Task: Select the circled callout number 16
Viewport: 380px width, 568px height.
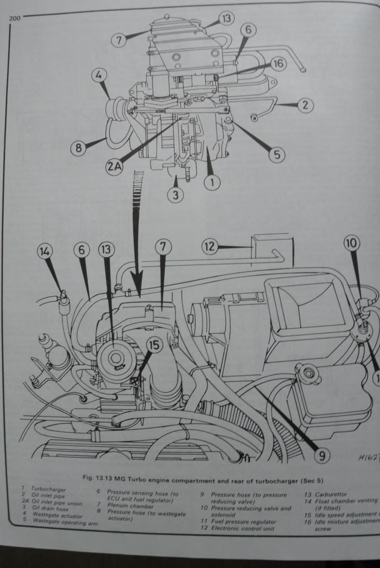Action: pyautogui.click(x=278, y=64)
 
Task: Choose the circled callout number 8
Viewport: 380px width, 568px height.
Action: pyautogui.click(x=79, y=148)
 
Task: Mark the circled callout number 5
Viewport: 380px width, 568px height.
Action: pyautogui.click(x=276, y=154)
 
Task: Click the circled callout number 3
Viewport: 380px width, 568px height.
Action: pyautogui.click(x=176, y=195)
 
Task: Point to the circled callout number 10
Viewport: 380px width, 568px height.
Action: pyautogui.click(x=352, y=243)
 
